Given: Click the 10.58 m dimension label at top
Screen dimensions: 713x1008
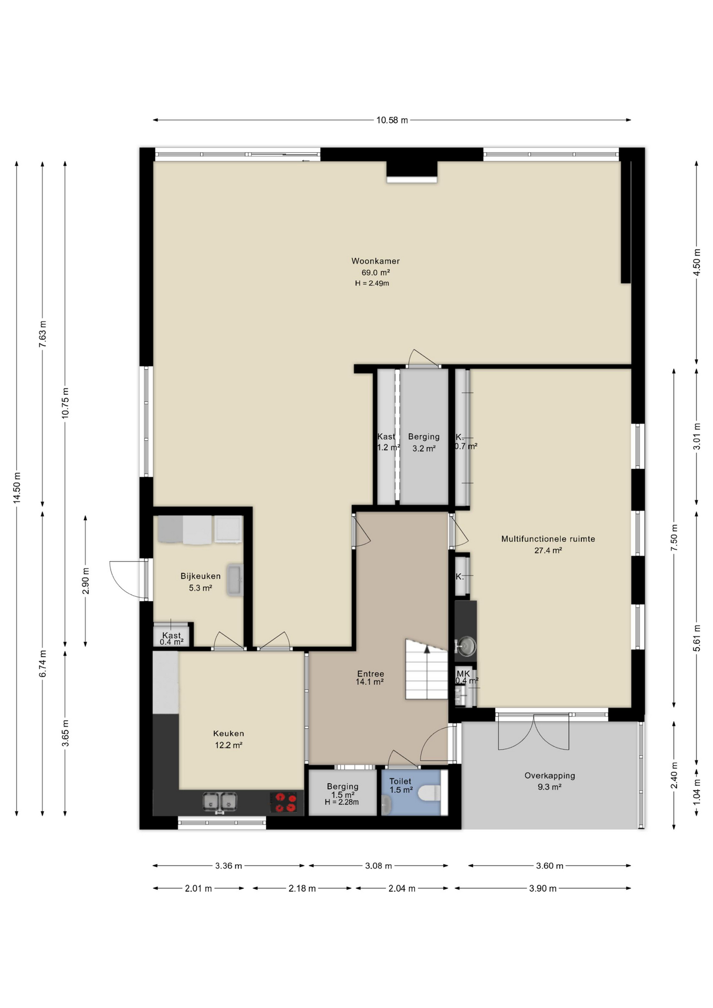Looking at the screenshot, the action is coord(392,120).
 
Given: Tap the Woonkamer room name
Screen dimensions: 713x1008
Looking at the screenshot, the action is coord(375,261).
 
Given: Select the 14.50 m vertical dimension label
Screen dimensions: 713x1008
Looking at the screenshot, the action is coord(17,488).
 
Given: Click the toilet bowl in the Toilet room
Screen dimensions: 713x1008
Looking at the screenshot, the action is coord(431,793).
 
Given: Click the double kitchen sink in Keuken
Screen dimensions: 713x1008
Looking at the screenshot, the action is coord(220,802).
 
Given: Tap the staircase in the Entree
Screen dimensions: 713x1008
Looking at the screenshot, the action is coord(426,669).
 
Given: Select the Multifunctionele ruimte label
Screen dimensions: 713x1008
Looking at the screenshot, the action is coord(548,539).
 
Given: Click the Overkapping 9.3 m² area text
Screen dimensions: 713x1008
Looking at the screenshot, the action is coord(550,787).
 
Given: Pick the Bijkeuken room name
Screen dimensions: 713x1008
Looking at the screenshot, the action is coord(201,576).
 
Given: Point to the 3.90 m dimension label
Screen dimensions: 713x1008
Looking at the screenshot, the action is coord(542,888).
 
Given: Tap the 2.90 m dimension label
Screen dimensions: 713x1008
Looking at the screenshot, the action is coord(86,581).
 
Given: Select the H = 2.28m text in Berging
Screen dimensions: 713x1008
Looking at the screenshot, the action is coord(342,802).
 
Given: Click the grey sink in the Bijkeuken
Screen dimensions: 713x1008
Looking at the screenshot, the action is coord(235,580).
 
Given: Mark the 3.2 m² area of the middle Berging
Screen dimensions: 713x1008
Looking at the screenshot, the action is coord(424,448).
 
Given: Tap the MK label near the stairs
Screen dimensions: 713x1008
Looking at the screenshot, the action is coord(463,674).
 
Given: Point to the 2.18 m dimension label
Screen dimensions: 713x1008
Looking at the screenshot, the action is coord(302,888).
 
